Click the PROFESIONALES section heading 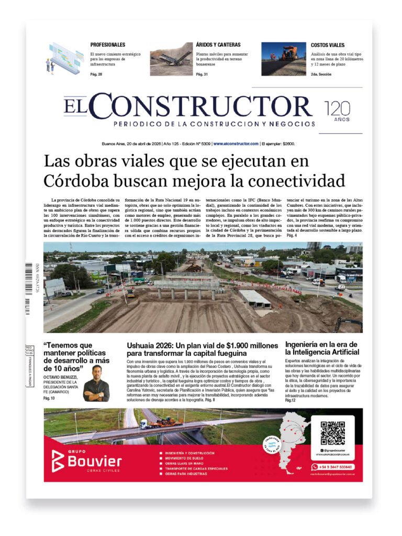pos(107,45)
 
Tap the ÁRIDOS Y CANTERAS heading pos(218,45)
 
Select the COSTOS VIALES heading pos(328,45)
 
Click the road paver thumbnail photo pos(284,59)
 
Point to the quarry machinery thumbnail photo pos(171,59)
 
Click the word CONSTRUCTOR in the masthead pos(204,106)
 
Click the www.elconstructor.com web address pos(236,143)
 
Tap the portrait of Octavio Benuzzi pos(96,383)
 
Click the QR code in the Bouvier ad pos(332,432)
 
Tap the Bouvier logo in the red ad pos(87,461)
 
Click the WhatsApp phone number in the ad pos(336,466)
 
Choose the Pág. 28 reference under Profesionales pos(96,74)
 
